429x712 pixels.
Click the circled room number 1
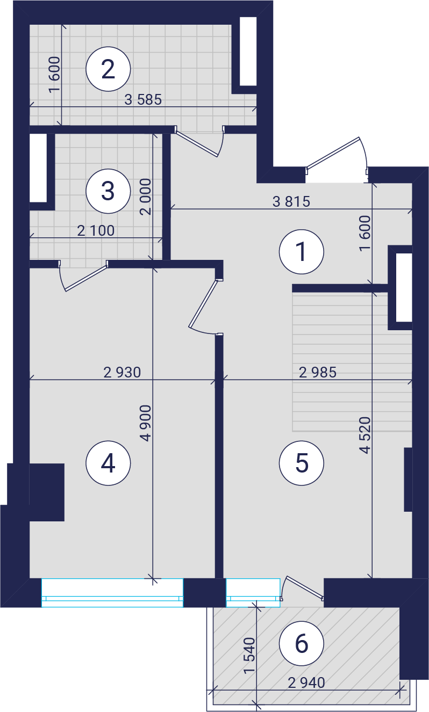pos(302,252)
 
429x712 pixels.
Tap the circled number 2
pos(108,69)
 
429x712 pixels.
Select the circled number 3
pos(108,191)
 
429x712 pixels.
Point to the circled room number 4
pos(108,463)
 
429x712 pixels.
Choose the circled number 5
pos(302,463)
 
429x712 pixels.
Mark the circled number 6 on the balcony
pos(302,643)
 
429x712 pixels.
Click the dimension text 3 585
pos(143,99)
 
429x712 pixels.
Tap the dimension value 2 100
pos(96,231)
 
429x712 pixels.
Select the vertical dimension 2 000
pos(146,197)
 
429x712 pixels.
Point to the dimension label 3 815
pos(291,201)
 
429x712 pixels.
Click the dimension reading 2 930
pos(122,372)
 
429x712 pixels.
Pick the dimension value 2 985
pos(318,372)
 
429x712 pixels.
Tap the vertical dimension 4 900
pos(146,423)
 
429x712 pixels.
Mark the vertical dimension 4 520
pos(365,435)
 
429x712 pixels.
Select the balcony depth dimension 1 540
pos(249,656)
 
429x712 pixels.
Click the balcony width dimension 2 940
pos(306,683)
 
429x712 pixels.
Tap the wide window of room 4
pos(112,593)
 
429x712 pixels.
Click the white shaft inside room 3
pos(38,168)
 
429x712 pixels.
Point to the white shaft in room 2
pos(248,51)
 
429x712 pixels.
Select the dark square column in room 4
pos(47,492)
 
